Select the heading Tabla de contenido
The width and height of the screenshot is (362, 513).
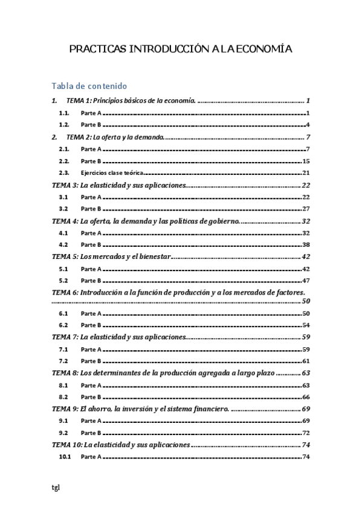[89, 86]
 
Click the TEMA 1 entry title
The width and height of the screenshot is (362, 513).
[131, 101]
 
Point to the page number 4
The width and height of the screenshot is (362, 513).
[308, 125]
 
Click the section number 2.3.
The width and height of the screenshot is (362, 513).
[64, 172]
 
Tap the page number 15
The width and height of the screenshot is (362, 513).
[306, 161]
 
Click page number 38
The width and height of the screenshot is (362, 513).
[306, 244]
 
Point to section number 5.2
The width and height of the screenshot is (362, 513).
[63, 280]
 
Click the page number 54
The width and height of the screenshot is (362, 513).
[306, 325]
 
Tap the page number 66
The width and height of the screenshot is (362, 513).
[306, 397]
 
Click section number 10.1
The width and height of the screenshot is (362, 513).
[65, 456]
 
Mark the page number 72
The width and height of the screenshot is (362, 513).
[306, 433]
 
